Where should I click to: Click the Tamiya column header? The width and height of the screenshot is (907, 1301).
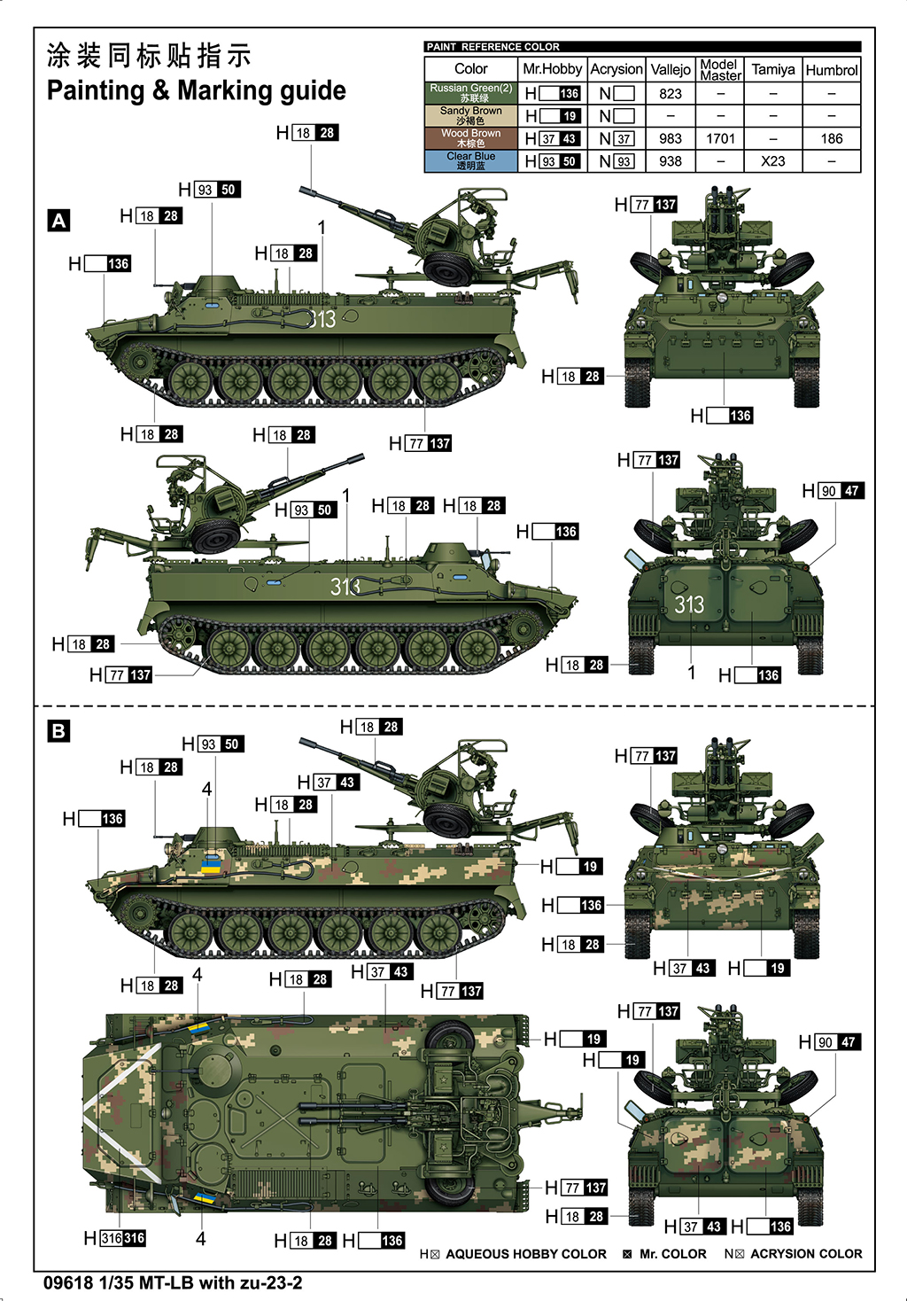pos(773,69)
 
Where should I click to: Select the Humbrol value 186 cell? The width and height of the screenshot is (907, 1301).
pos(832,138)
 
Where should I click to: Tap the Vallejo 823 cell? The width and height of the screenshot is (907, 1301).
pos(671,93)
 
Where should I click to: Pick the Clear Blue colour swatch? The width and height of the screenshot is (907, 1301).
pos(471,160)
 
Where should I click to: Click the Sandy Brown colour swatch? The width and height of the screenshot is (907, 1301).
pos(471,115)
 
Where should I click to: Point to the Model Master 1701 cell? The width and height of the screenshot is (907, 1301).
pos(720,138)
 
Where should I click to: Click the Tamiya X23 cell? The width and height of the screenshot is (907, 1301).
pos(773,161)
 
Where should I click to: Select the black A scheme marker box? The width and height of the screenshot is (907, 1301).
pos(59,221)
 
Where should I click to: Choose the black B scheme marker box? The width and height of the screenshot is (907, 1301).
pos(58,731)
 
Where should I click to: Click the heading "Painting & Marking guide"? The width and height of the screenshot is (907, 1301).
pos(196,90)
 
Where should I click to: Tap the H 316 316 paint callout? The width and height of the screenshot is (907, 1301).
pos(114,1238)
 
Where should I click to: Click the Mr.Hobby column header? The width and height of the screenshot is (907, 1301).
pos(552,69)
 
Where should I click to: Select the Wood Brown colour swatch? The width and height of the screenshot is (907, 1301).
pos(471,138)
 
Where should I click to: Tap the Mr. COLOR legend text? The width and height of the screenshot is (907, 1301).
pos(672,1254)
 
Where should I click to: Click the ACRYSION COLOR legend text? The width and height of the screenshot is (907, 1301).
pos(805,1254)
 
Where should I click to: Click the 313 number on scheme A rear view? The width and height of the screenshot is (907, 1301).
pos(689,605)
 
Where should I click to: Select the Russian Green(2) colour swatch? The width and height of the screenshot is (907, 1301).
pos(471,92)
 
